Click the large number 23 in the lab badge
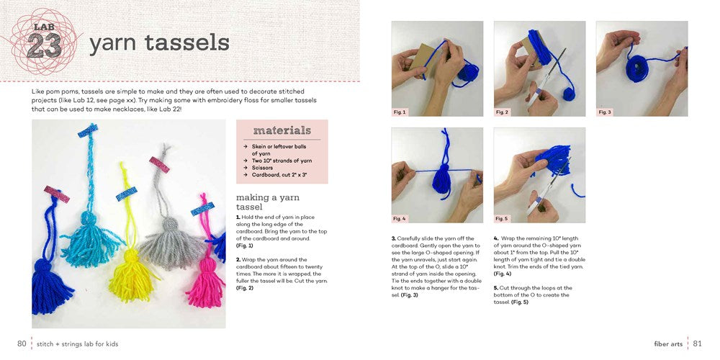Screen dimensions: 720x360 click(x=44, y=45)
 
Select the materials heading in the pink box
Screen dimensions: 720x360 click(x=282, y=130)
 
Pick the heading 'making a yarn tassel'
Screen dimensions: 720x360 click(x=267, y=202)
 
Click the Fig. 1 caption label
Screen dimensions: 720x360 click(x=400, y=112)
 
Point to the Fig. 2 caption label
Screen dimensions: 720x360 click(x=503, y=112)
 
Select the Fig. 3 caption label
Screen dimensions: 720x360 click(x=605, y=112)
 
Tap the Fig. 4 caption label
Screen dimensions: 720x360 click(x=400, y=219)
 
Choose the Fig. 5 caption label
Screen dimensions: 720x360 click(x=503, y=219)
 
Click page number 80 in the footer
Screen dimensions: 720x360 click(x=22, y=343)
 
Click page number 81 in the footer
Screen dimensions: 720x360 click(x=698, y=343)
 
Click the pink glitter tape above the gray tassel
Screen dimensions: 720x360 click(x=159, y=164)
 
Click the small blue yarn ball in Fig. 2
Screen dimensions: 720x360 click(x=569, y=94)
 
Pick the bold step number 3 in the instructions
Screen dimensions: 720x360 click(x=394, y=238)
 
